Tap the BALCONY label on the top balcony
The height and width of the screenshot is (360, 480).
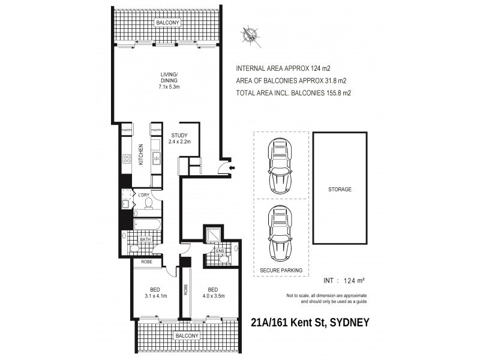tap(168, 23)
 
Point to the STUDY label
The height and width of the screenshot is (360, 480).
tap(180, 135)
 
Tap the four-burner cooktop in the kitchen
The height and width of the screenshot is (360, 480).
tap(127, 159)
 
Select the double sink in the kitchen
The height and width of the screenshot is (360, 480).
tap(156, 158)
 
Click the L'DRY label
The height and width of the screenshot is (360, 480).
tap(143, 196)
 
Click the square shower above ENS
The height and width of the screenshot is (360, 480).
tap(213, 234)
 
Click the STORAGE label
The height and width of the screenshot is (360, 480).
tap(340, 189)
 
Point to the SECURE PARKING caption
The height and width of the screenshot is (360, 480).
tap(281, 271)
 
